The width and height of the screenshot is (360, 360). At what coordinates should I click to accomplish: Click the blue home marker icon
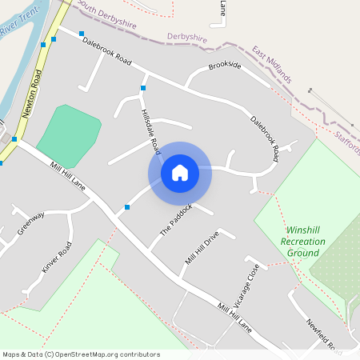coord(180,173)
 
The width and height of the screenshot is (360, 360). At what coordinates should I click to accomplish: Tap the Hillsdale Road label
coord(150,131)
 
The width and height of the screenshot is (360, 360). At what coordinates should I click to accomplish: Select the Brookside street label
coord(224,66)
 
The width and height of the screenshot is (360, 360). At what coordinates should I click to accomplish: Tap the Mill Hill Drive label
coord(201,248)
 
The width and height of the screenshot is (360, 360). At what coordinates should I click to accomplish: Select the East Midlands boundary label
coord(272,65)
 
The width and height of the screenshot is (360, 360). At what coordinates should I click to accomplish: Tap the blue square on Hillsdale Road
coord(143,88)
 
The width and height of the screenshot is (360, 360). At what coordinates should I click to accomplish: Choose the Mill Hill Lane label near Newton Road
coord(68,177)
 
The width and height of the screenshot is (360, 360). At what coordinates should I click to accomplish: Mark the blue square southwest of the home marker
coord(127,207)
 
